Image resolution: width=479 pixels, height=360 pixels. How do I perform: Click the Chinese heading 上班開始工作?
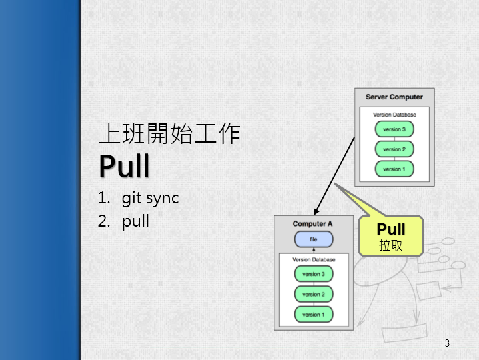(169, 134)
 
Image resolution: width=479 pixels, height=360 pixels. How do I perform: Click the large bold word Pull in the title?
(125, 166)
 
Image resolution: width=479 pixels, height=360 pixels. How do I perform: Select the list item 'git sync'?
(150, 198)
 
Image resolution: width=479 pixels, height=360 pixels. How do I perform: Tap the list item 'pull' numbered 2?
(135, 221)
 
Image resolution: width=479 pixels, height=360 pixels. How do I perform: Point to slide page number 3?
(447, 343)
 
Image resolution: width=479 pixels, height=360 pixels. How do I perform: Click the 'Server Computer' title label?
(394, 97)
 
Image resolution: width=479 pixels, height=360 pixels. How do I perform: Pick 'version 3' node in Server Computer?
(394, 129)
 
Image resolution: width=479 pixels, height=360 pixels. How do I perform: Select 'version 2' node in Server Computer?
(394, 149)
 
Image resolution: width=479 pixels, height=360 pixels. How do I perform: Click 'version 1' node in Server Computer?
(394, 169)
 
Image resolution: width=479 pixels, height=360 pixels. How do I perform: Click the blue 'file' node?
(313, 239)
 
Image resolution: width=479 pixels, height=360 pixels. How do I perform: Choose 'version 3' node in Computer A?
(313, 274)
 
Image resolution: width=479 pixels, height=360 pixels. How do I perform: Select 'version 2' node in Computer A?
(313, 294)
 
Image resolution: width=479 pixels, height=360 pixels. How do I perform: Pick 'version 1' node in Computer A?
(313, 314)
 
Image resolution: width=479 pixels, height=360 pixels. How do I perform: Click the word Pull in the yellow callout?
(391, 231)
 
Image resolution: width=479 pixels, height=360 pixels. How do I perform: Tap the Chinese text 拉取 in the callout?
(391, 245)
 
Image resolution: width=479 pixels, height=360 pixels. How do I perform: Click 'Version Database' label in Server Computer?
(394, 115)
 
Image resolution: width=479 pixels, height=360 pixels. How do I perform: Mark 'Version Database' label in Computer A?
(313, 259)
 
